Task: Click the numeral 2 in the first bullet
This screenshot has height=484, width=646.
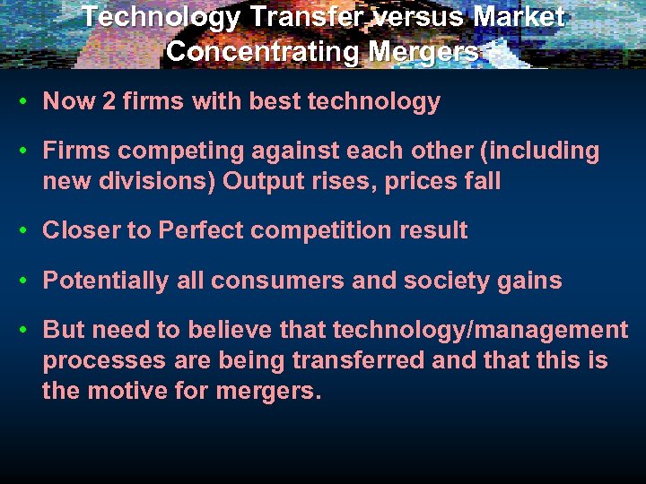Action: point(109,101)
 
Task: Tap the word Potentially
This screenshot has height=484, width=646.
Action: point(104,281)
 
